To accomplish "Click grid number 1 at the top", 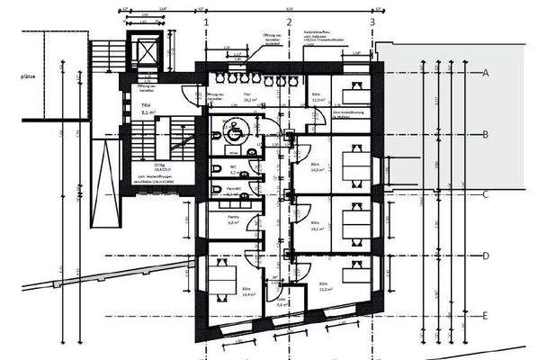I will point(207,20).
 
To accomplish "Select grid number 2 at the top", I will point(289,20).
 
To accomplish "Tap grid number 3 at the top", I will point(372,20).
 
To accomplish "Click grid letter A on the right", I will point(485,72).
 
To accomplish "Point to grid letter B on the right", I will point(485,134).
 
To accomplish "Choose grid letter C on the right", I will point(485,193).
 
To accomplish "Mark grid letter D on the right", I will point(485,256).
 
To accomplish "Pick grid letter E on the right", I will point(485,315).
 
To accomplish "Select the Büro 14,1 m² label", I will point(316,226).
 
